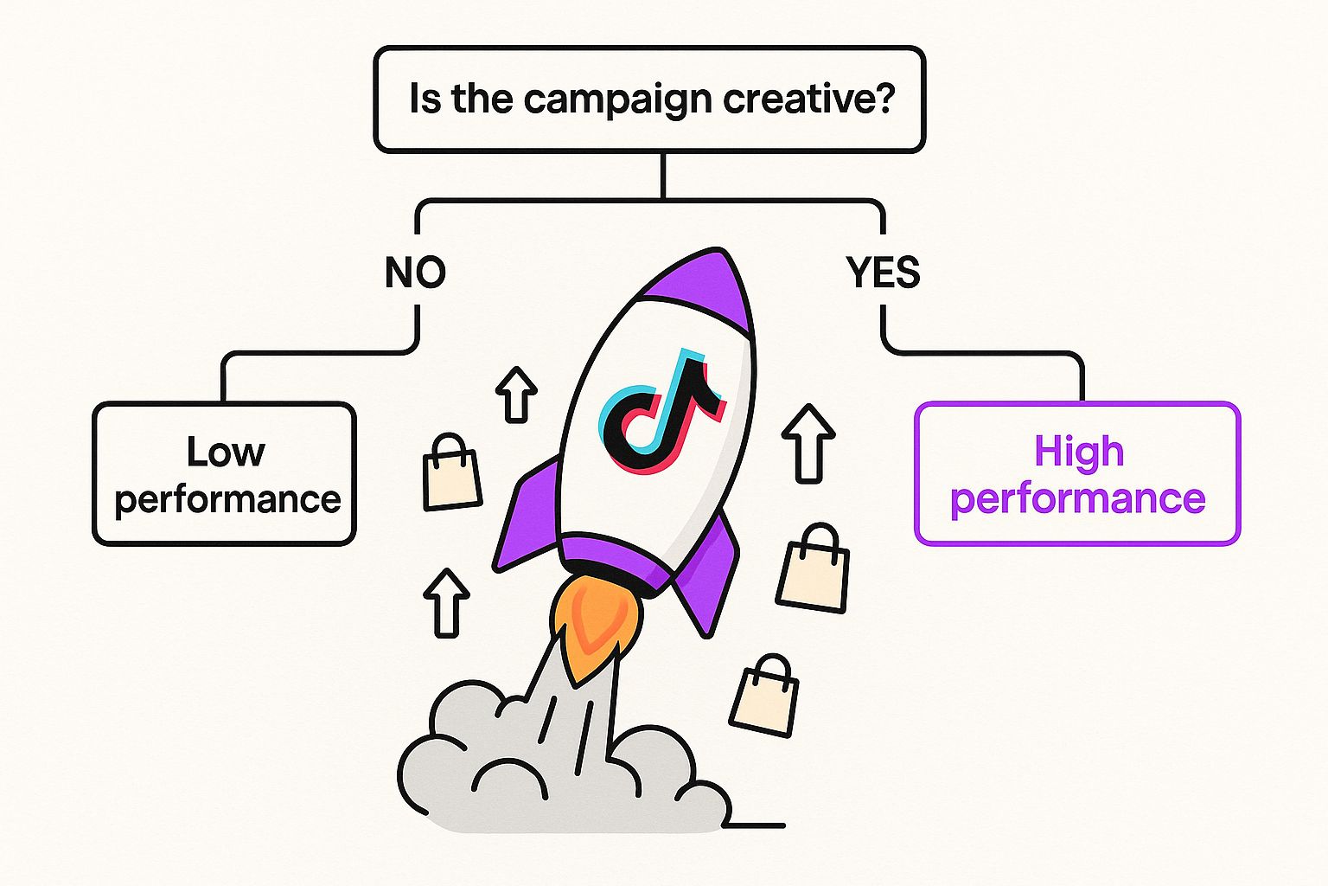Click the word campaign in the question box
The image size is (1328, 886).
616,100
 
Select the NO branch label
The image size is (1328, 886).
416,273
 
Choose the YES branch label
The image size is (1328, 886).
884,273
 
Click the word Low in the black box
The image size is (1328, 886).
226,452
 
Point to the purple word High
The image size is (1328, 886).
1079,452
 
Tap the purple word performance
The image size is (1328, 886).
1077,499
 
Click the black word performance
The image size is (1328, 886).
227,499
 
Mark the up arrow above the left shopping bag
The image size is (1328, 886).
516,395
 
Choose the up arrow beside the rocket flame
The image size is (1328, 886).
446,602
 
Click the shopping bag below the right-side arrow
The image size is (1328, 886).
813,568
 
